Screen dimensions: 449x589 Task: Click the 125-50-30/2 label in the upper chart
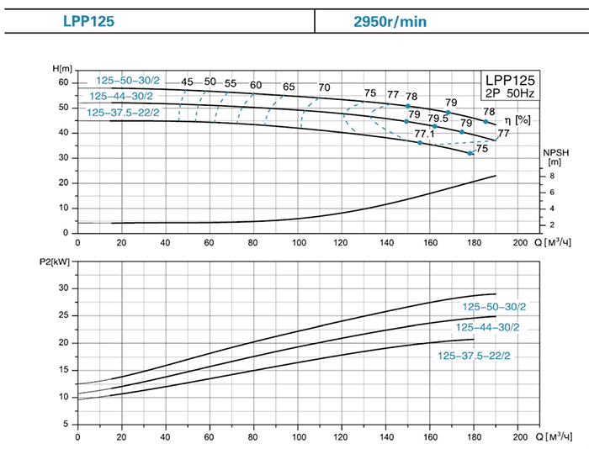(127, 81)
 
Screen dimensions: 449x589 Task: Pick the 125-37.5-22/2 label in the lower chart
(474, 356)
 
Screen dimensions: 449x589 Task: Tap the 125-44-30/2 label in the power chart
(488, 327)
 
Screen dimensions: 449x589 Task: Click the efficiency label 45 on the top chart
(187, 82)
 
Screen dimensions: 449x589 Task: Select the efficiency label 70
(325, 88)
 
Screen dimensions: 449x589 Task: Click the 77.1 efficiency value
(425, 134)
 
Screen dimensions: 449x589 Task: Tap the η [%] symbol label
(523, 120)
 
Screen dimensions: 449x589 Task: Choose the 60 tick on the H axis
(62, 82)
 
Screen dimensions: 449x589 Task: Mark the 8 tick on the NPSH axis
(551, 177)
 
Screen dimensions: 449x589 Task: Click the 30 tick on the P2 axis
(62, 288)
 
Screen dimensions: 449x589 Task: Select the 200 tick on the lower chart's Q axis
(518, 438)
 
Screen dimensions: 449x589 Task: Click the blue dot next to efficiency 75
(471, 153)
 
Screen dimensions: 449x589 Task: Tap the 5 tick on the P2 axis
(65, 425)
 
